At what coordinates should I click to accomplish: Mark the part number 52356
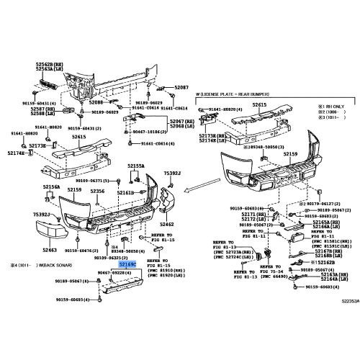(97, 191)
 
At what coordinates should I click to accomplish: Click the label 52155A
(137, 166)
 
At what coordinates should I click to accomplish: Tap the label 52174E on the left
(16, 153)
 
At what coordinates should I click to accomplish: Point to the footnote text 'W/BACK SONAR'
(49, 265)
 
